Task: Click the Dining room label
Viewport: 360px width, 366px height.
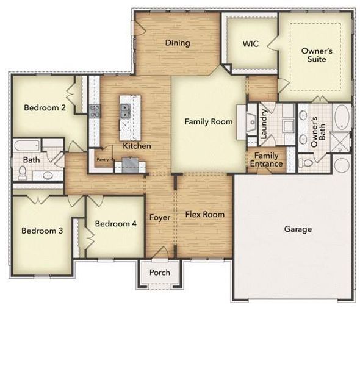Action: (178, 43)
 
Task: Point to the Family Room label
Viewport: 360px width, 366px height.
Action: (209, 122)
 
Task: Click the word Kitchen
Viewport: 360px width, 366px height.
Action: (137, 146)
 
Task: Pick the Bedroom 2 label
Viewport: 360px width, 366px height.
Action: (45, 108)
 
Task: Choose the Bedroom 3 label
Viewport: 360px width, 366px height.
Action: (42, 231)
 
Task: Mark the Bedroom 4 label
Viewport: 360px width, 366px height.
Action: (116, 224)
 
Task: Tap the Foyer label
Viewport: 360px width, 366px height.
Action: (160, 218)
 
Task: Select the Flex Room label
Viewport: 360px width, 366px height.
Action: (204, 215)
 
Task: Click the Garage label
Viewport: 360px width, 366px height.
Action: (298, 229)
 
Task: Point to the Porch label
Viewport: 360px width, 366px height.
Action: (160, 272)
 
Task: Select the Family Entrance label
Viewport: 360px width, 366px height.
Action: (268, 160)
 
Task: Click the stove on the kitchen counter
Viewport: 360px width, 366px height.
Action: (95, 110)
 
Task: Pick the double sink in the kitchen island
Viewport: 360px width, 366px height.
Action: (126, 110)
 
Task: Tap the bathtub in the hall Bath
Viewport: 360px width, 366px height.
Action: (27, 146)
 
